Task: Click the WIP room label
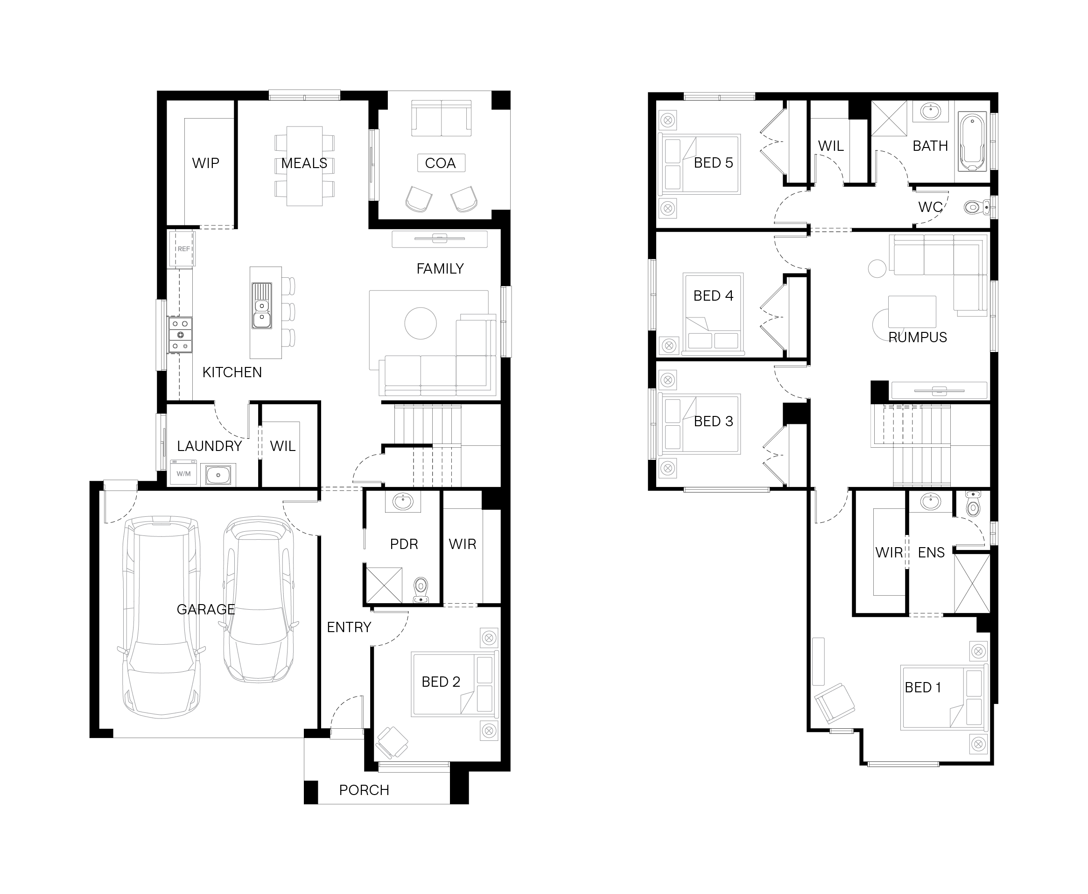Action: [205, 163]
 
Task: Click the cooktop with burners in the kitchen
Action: [180, 335]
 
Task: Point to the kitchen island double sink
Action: [261, 305]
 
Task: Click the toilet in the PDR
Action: [421, 590]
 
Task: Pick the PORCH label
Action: [364, 790]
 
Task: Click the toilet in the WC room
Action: [976, 207]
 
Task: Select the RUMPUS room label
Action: [918, 338]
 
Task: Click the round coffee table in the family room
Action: [421, 323]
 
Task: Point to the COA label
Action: [440, 163]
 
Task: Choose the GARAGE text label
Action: [206, 609]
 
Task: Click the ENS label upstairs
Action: [932, 553]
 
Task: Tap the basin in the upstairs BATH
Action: [930, 111]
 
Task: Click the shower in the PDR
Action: [384, 585]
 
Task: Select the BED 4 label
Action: [713, 296]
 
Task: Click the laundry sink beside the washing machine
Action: [218, 475]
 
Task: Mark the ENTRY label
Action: [349, 627]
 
